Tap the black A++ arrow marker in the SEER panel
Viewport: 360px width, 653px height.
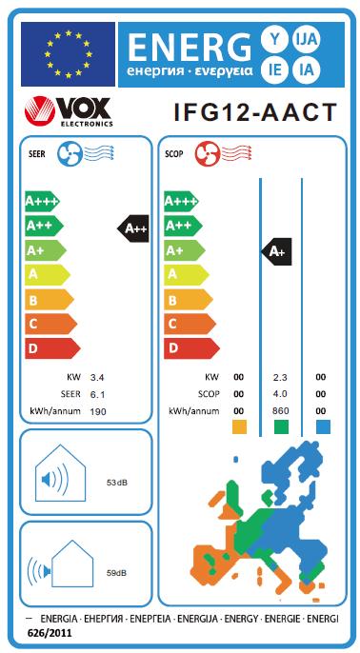coord(133,228)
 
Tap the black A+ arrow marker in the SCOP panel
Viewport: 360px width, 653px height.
coord(275,251)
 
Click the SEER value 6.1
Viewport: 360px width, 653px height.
coord(97,394)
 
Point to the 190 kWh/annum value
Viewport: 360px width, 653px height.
coord(97,410)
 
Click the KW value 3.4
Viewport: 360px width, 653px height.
coord(97,378)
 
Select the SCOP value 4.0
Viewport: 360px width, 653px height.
coord(280,394)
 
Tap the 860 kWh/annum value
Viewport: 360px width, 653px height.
coord(280,410)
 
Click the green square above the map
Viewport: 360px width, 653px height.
coord(280,426)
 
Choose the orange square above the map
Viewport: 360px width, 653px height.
coord(239,426)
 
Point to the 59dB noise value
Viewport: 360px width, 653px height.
coord(117,573)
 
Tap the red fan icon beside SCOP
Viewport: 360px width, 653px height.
coord(205,153)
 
